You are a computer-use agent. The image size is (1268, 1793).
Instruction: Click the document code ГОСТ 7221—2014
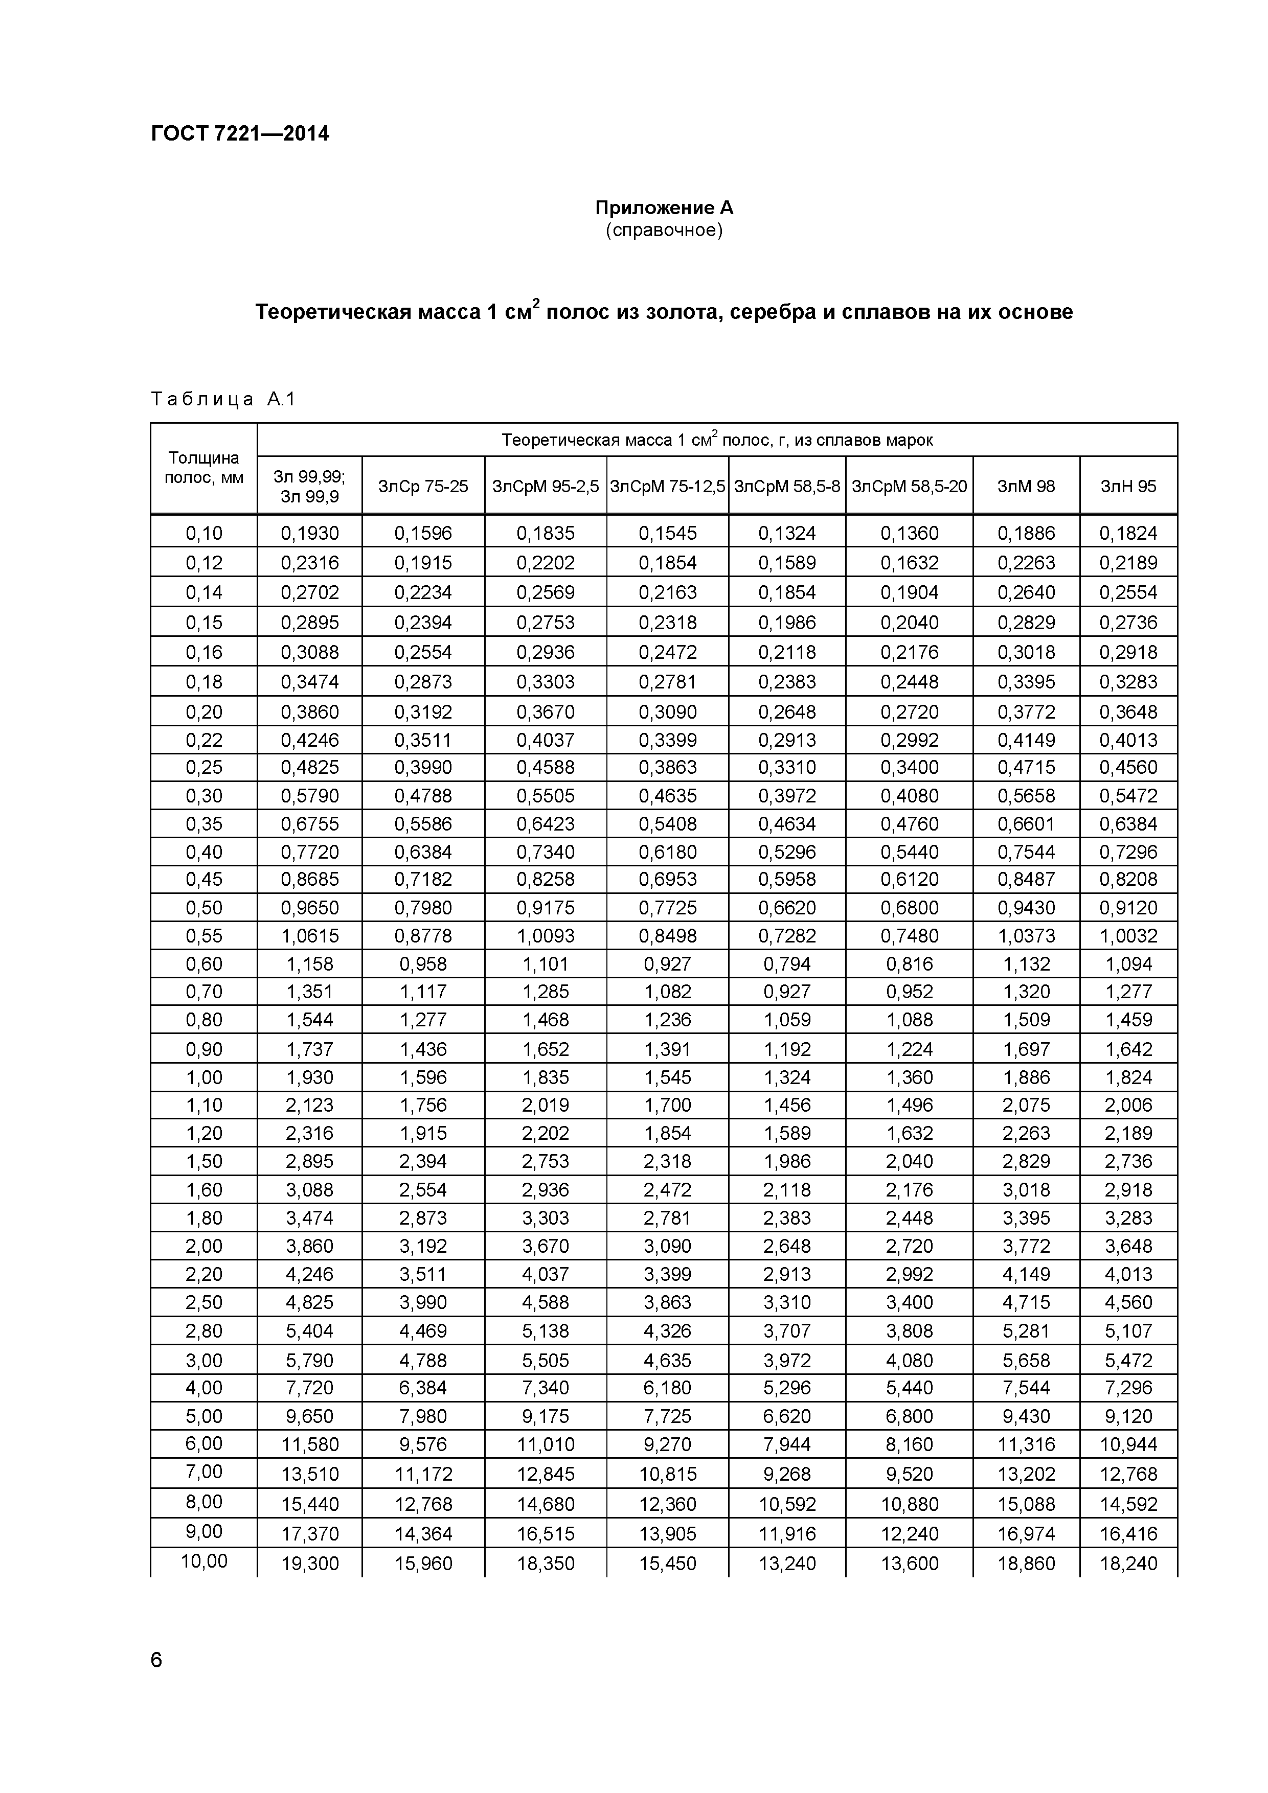(240, 133)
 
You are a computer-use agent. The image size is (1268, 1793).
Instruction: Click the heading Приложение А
(664, 208)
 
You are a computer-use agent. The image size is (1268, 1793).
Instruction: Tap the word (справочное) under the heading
(664, 231)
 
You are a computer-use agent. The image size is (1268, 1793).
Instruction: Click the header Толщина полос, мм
(204, 468)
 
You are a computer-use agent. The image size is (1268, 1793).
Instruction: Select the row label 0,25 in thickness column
(204, 768)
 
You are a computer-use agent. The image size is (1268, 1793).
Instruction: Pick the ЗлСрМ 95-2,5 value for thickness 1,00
(546, 1077)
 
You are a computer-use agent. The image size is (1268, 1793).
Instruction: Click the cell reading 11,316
(1026, 1445)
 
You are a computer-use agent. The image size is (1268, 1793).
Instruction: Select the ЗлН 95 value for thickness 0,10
(1127, 534)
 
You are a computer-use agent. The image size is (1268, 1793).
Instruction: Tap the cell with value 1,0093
(546, 935)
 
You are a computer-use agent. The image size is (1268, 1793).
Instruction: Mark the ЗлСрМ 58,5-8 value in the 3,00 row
(787, 1361)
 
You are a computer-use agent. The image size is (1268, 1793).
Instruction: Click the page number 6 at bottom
(156, 1660)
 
